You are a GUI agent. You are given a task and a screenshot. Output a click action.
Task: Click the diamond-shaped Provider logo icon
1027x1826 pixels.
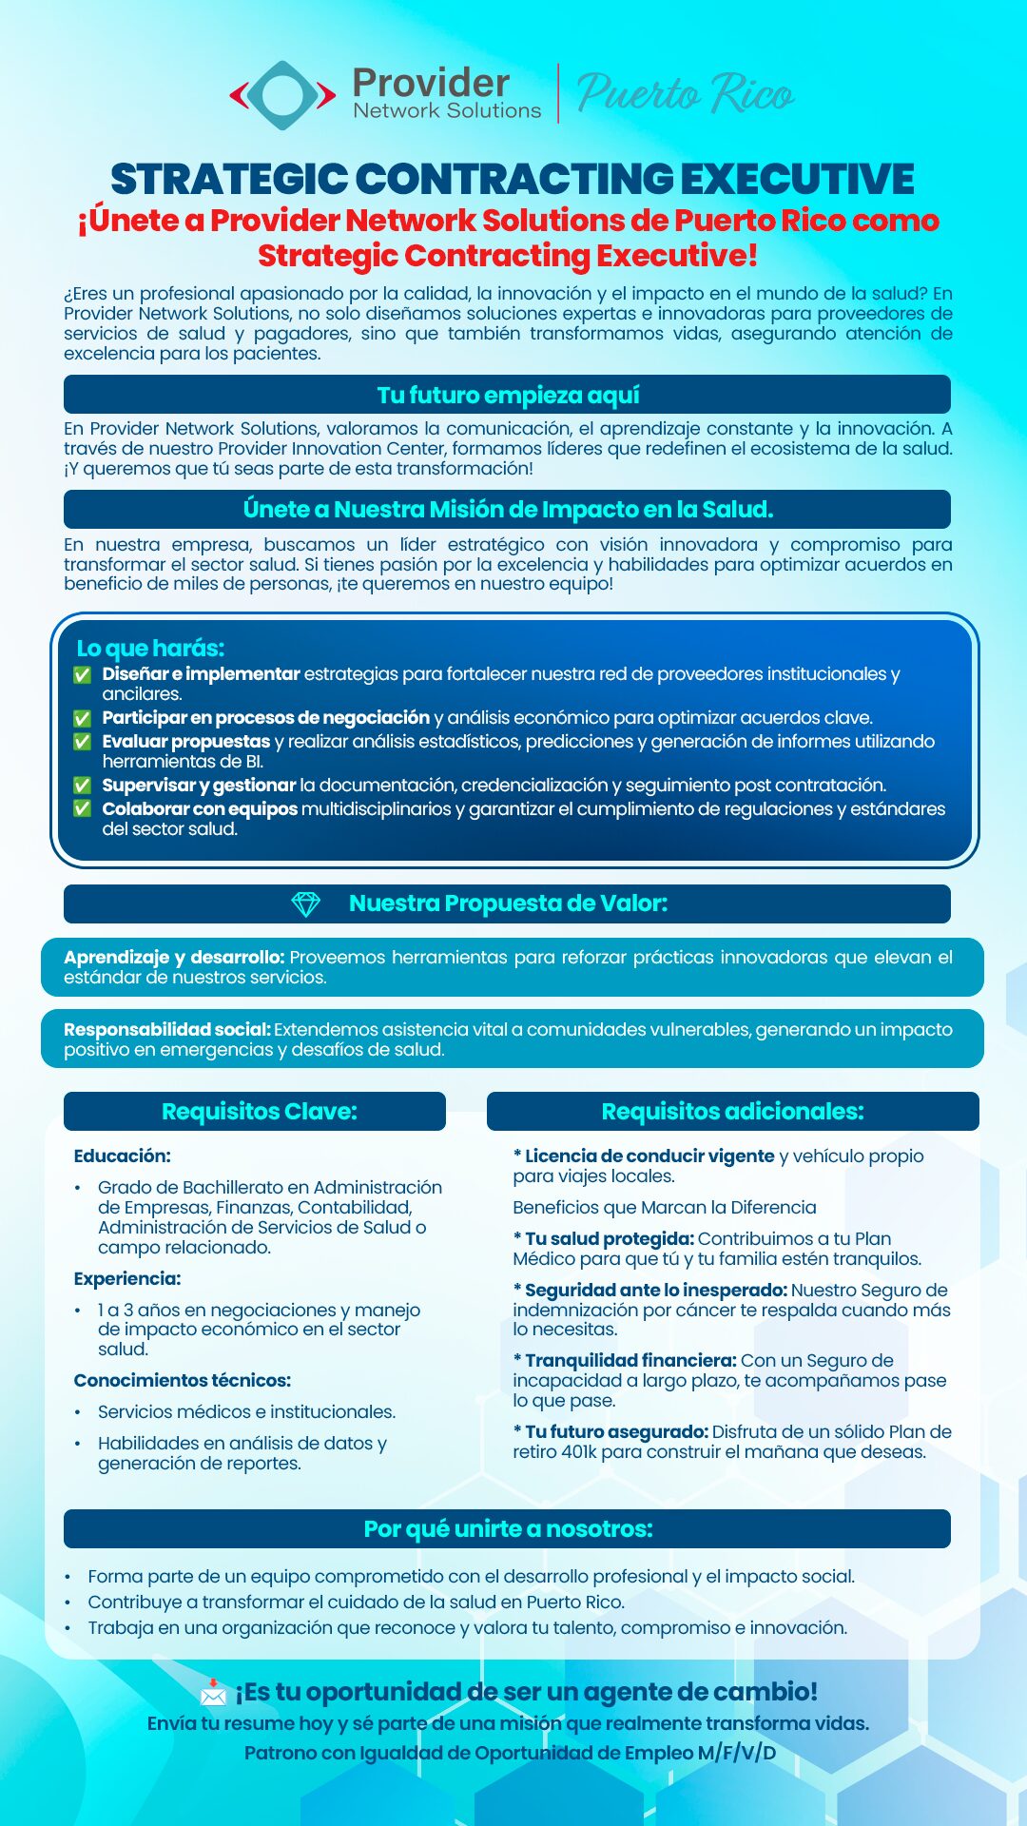coord(282,95)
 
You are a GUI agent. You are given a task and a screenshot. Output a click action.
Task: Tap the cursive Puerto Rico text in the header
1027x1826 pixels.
coord(685,94)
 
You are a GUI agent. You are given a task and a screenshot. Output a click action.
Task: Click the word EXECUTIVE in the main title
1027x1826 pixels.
coord(797,179)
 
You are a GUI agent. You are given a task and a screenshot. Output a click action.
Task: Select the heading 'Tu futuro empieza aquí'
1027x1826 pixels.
coord(508,395)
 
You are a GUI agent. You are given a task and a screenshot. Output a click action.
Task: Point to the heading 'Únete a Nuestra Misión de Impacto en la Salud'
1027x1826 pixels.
coord(508,510)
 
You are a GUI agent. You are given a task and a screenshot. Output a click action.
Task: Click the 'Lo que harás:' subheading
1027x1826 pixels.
coord(150,649)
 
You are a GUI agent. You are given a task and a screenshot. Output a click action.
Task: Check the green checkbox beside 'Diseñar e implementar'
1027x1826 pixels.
coord(83,674)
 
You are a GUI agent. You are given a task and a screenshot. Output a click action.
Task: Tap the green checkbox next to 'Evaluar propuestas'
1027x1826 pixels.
coord(83,742)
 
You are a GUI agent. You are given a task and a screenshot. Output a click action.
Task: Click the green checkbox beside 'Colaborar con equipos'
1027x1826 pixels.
coord(83,809)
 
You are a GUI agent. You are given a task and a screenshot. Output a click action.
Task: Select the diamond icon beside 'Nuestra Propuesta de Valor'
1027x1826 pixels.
coord(305,904)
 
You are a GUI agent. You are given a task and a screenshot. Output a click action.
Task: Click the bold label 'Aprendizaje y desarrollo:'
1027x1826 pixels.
coord(174,958)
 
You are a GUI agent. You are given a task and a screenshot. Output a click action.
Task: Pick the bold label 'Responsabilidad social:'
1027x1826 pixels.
coord(167,1030)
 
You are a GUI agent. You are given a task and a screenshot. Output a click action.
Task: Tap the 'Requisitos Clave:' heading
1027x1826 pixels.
coord(259,1112)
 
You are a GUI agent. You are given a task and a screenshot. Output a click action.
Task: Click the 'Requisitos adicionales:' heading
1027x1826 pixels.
coord(732,1112)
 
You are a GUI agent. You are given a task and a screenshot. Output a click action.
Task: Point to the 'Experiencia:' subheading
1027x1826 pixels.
coord(127,1279)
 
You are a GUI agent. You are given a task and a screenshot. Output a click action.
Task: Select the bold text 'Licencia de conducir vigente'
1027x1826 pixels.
coord(649,1156)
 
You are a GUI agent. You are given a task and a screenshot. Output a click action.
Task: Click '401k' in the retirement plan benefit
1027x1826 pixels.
coord(578,1452)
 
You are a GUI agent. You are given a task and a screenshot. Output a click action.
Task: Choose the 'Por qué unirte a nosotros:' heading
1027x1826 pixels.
coord(508,1529)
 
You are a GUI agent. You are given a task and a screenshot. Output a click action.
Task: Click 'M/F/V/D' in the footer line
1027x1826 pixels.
coord(737,1753)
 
